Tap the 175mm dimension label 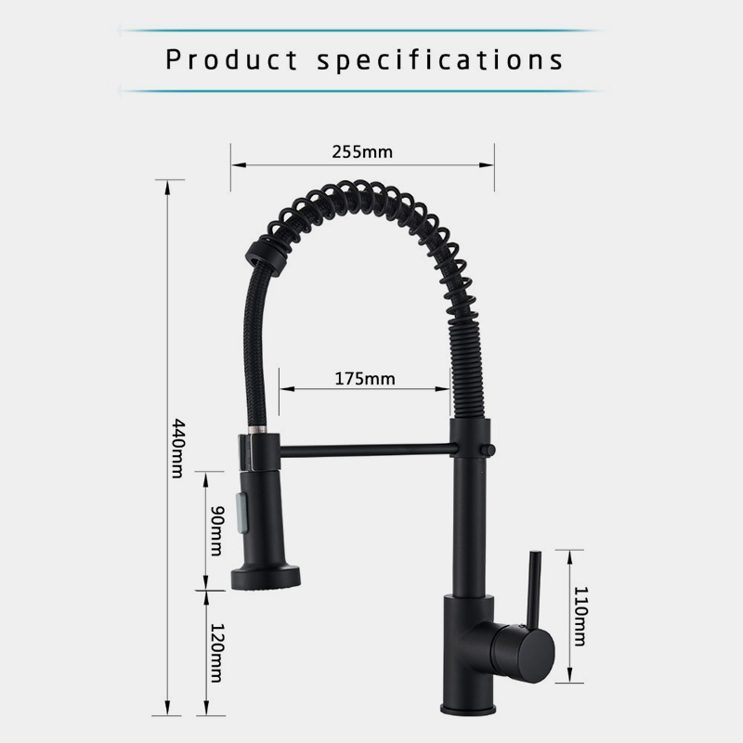pos(365,378)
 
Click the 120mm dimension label pos(217,654)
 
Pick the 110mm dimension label pos(580,616)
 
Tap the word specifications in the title pos(440,60)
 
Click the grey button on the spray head pos(242,513)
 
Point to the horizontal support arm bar pos(367,450)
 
